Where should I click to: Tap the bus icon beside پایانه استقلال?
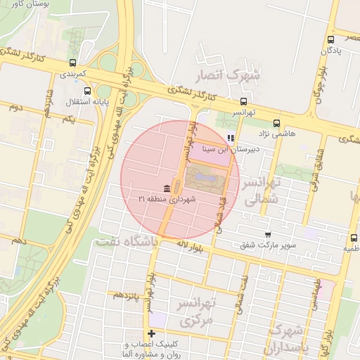88,91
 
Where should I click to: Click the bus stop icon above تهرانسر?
244,101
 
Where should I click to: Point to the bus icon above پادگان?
330,39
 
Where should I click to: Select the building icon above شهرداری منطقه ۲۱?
166,188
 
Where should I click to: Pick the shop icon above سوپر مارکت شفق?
267,234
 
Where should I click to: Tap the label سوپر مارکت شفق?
276,245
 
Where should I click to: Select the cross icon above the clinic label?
150,333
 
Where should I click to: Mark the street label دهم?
19,240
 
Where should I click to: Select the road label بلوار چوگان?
318,89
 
